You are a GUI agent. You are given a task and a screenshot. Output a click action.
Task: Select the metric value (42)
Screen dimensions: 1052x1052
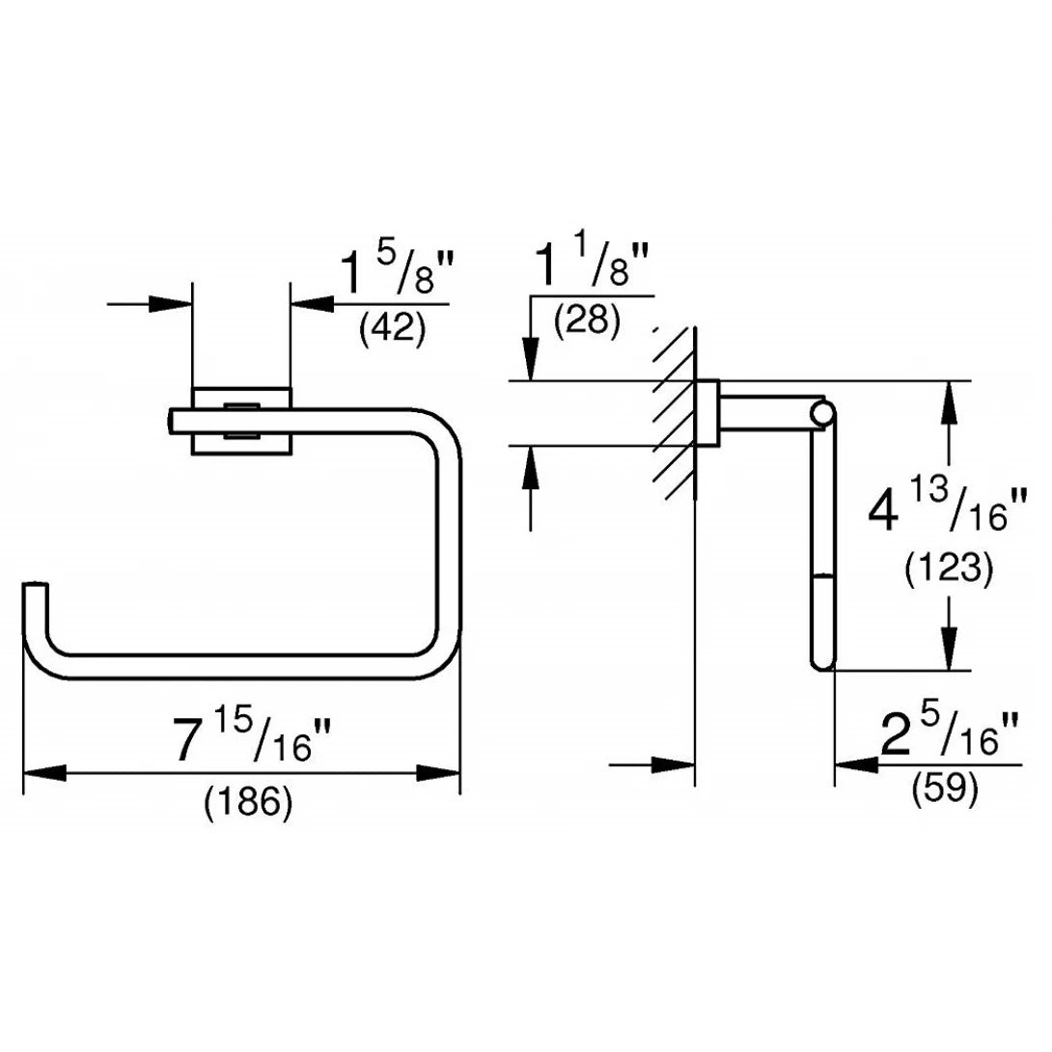[x=392, y=329]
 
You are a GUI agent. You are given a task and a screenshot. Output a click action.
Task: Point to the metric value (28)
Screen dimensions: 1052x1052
[x=587, y=319]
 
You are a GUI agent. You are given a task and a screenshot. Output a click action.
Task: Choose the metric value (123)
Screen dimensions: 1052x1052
[x=949, y=570]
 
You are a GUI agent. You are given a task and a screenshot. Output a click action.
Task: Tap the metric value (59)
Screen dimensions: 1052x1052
[x=945, y=789]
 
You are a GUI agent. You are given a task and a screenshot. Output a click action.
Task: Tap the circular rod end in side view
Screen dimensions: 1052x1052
[x=822, y=415]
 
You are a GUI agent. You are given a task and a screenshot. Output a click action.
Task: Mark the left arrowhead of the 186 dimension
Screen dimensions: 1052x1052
[x=43, y=772]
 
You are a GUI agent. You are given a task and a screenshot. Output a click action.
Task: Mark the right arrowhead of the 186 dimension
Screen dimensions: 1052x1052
[x=438, y=772]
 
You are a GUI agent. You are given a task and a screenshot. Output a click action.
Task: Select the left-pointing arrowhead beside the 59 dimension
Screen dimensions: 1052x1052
[x=855, y=765]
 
